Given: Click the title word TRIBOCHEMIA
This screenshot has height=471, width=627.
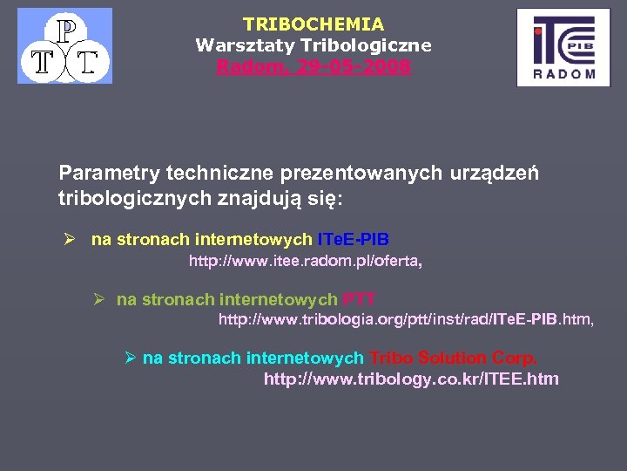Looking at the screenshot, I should pyautogui.click(x=313, y=24).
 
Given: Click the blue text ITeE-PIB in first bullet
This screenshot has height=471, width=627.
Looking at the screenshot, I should pyautogui.click(x=353, y=240).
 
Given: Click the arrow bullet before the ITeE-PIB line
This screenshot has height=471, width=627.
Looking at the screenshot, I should pyautogui.click(x=72, y=240).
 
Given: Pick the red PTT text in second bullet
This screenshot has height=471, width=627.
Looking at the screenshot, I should pyautogui.click(x=359, y=300).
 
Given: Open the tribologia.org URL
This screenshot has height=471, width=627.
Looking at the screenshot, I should pyautogui.click(x=405, y=320).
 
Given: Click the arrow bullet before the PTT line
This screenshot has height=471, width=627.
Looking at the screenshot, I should pyautogui.click(x=98, y=300).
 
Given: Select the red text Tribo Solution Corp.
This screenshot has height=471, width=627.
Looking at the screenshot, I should pyautogui.click(x=453, y=358).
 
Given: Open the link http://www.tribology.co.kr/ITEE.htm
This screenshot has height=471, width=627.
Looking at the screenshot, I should pyautogui.click(x=411, y=379).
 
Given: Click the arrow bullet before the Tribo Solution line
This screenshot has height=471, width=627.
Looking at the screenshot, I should pyautogui.click(x=130, y=358).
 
